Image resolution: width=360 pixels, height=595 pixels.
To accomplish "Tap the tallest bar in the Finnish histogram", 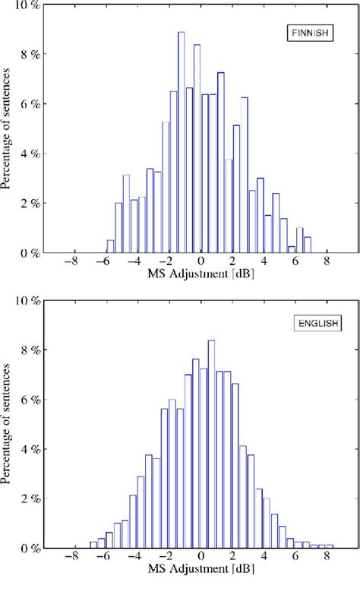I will click(182, 143).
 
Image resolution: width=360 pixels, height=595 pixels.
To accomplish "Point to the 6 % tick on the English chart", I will click(31, 400).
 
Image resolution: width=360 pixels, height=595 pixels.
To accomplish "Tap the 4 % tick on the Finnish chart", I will click(31, 153).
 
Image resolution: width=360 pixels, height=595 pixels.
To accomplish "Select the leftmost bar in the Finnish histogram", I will click(110, 246).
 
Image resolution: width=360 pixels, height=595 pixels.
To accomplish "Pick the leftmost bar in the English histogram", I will click(93, 545).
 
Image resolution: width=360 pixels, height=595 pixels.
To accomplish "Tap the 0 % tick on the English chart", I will click(31, 549).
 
